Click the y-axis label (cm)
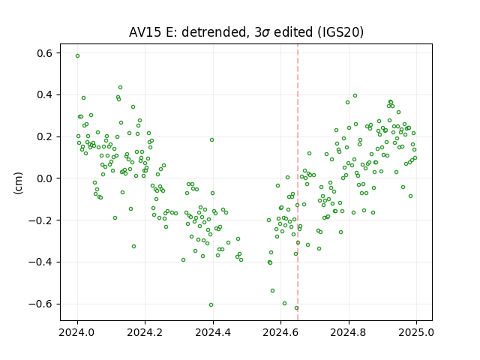tap(18, 183)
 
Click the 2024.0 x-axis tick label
tap(77, 332)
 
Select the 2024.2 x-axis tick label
tap(145, 332)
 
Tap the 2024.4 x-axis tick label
tap(213, 332)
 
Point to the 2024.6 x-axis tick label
tap(280, 332)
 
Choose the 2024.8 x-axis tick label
tap(348, 332)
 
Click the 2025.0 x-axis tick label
tap(416, 332)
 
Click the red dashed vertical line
tap(298, 182)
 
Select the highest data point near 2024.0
tap(78, 56)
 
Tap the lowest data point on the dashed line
tap(296, 308)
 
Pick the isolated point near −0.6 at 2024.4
tap(211, 305)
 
